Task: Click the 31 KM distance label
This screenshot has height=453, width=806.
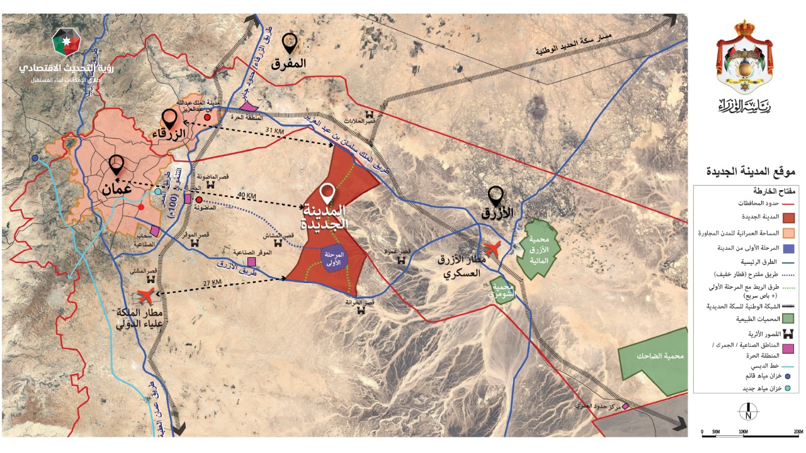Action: pos(275,131)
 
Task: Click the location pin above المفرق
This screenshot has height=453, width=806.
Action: pos(290,43)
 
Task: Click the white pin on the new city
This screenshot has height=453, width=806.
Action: pos(327,193)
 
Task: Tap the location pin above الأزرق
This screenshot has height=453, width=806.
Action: pos(496,196)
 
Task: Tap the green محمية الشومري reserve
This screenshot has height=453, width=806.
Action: pos(502,290)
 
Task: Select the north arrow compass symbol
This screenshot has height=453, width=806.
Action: pos(747,411)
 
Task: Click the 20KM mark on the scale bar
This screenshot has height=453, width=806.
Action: pos(798,432)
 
